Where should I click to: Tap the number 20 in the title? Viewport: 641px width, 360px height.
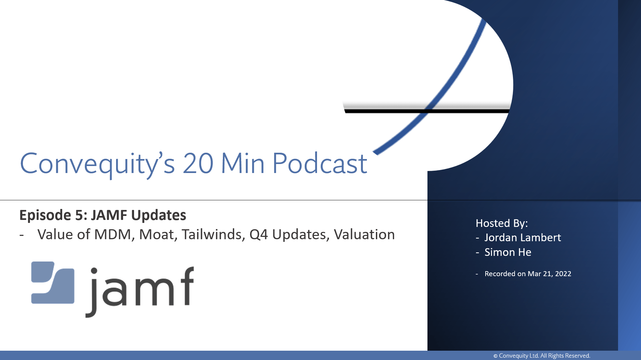coord(198,163)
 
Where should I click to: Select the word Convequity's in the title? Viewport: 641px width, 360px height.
coord(97,164)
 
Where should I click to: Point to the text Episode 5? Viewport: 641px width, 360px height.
coord(53,215)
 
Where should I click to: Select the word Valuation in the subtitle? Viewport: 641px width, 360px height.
coord(364,235)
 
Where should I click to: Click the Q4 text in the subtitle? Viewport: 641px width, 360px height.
coord(258,235)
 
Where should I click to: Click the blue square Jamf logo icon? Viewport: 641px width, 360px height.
coord(53,282)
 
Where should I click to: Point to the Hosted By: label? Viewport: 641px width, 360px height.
coord(502,223)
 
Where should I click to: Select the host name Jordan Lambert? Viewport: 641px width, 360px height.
coord(523,238)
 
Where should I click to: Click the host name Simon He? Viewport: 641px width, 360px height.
coord(508,252)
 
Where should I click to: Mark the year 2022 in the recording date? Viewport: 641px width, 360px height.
coord(563,274)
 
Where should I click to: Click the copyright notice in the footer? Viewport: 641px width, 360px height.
coord(542,356)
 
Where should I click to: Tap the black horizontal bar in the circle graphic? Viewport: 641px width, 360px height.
coord(427,111)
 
